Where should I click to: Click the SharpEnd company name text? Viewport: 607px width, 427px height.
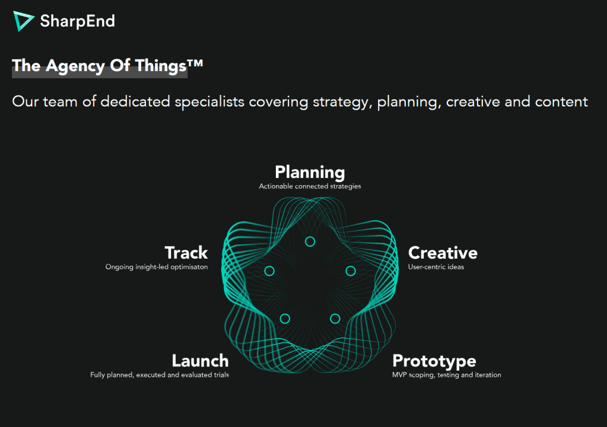77,21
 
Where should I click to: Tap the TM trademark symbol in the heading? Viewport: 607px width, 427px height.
195,63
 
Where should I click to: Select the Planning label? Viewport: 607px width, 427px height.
310,173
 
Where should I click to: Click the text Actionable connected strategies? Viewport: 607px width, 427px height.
310,186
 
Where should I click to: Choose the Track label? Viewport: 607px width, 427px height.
186,253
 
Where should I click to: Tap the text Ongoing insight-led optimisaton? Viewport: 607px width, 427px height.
157,267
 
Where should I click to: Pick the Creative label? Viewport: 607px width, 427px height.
443,253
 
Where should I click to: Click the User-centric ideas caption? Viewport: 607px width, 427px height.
436,267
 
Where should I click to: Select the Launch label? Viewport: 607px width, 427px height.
200,361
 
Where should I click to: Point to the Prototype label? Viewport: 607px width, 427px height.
434,361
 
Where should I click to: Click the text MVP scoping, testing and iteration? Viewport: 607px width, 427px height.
447,375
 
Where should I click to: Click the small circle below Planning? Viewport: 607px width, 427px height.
310,237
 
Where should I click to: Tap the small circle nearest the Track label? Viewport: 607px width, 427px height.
269,266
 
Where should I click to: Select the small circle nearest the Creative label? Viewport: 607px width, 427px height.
351,266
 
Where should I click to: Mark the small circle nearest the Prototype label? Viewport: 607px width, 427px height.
335,314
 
